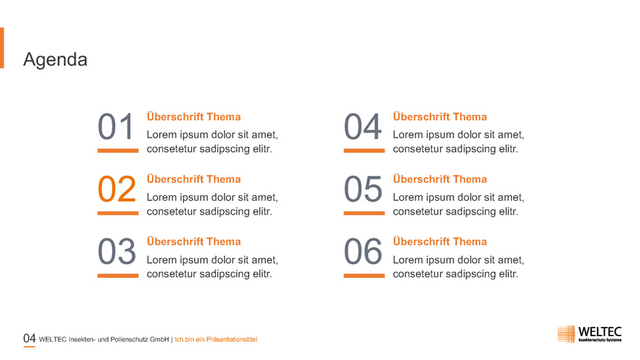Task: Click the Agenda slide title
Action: pyautogui.click(x=55, y=60)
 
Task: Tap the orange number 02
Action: pyautogui.click(x=117, y=189)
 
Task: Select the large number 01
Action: pyautogui.click(x=116, y=127)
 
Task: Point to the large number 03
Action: pyautogui.click(x=117, y=251)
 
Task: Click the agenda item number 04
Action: pyautogui.click(x=363, y=127)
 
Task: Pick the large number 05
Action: pyautogui.click(x=363, y=189)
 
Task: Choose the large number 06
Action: pyautogui.click(x=363, y=251)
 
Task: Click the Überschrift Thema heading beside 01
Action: pyautogui.click(x=194, y=117)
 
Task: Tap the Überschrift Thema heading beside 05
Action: pyautogui.click(x=440, y=179)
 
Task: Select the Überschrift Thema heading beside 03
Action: pyautogui.click(x=194, y=242)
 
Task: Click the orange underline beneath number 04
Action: pyautogui.click(x=364, y=150)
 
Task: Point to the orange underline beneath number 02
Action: pyautogui.click(x=118, y=213)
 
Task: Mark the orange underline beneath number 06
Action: pyautogui.click(x=364, y=276)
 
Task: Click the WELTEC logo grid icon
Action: pyautogui.click(x=567, y=334)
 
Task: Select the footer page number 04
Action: pyautogui.click(x=30, y=338)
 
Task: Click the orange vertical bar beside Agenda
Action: pyautogui.click(x=2, y=48)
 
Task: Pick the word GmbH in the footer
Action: pyautogui.click(x=159, y=340)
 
